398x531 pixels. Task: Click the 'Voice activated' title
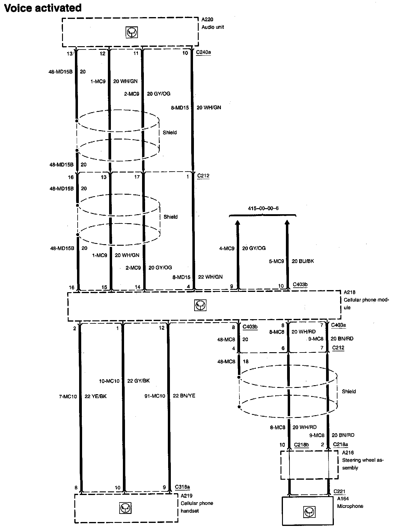point(43,8)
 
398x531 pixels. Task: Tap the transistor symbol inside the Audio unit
point(132,32)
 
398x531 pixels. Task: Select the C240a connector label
point(203,52)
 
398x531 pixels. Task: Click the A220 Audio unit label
point(212,23)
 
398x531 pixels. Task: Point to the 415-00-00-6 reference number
point(263,208)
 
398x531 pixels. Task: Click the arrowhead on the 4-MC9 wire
point(238,223)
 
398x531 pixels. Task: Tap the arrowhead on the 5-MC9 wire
point(287,223)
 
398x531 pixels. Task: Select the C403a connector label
point(339,325)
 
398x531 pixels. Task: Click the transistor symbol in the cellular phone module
point(200,305)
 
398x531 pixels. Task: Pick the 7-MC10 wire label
point(68,396)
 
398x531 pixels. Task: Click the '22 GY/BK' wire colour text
point(138,381)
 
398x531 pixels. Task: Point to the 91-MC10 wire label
point(155,396)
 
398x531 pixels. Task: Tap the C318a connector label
point(183,487)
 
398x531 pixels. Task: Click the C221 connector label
point(339,492)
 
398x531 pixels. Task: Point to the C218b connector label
point(301,445)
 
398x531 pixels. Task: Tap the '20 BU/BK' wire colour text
point(303,261)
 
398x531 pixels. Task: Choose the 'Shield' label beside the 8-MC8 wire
point(349,391)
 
